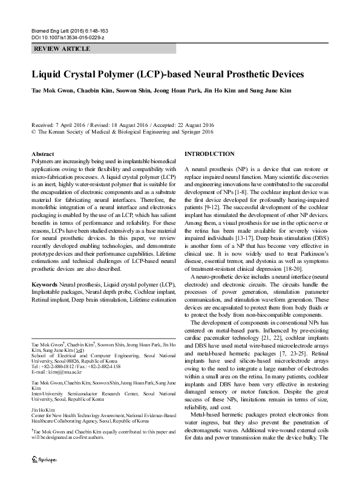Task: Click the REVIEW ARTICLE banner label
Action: tap(62, 48)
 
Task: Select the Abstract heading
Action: tap(42, 155)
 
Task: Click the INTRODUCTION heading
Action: tap(209, 154)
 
